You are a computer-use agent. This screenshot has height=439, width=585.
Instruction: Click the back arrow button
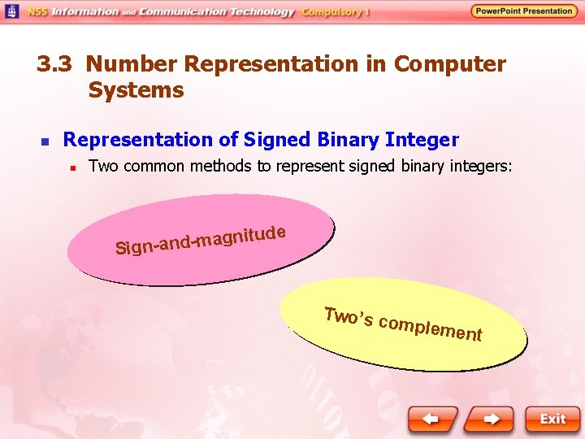(435, 419)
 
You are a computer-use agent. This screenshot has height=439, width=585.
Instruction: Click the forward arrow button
(492, 419)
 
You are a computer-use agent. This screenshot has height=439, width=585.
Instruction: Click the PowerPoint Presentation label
(523, 11)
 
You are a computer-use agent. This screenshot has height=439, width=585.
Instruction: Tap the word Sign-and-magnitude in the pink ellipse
(200, 239)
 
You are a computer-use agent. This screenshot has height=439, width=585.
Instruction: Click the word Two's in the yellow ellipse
(348, 317)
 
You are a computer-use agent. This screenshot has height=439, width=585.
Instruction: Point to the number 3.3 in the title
(57, 64)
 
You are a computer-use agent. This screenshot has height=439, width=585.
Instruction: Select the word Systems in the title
(136, 89)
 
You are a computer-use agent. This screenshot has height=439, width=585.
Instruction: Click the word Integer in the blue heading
(423, 140)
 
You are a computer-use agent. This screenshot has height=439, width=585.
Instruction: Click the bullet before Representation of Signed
(45, 141)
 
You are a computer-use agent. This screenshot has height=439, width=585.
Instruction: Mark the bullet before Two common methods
(72, 168)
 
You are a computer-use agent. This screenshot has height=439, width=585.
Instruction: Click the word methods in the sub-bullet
(229, 167)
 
